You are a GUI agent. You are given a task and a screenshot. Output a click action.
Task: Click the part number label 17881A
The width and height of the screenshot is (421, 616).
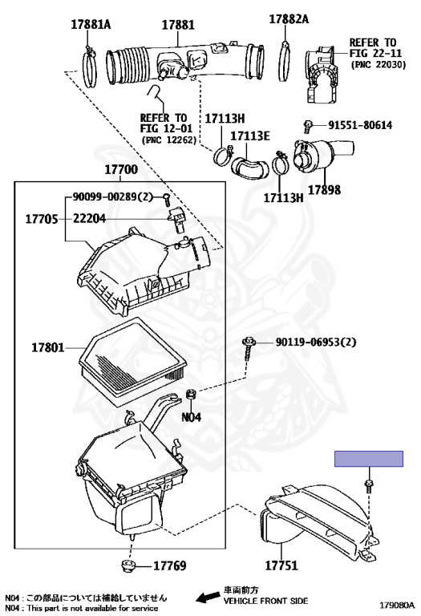(x=91, y=24)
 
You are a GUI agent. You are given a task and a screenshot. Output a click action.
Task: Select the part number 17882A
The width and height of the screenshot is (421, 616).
(x=289, y=19)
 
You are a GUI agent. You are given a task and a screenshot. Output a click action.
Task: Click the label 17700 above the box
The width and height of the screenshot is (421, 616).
(x=121, y=169)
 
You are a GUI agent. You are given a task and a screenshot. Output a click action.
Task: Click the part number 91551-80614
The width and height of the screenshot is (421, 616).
(x=360, y=125)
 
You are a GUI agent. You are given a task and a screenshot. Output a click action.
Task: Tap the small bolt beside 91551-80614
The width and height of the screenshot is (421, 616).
(x=307, y=127)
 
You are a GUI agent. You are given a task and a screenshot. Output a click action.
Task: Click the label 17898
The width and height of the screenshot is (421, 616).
(x=324, y=190)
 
